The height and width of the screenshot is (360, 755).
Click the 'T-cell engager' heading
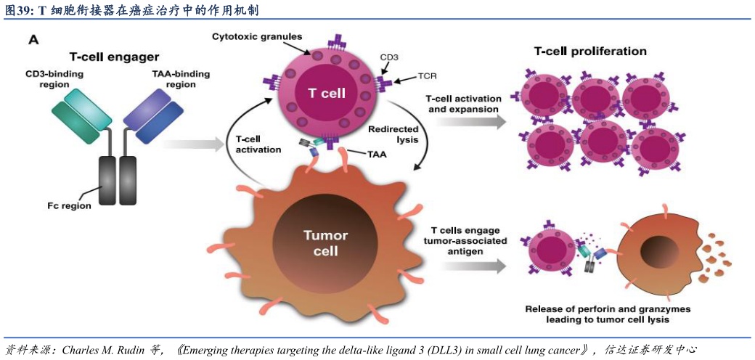(x=114, y=57)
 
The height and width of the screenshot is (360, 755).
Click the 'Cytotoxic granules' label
(x=257, y=36)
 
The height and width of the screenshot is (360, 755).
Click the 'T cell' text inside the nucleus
(x=327, y=94)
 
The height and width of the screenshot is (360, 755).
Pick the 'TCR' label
(x=427, y=75)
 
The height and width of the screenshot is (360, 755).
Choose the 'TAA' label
(x=377, y=154)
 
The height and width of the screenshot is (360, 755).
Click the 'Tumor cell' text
(x=325, y=243)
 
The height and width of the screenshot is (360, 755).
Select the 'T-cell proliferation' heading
(x=590, y=52)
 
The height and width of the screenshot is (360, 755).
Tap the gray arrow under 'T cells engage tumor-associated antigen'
(x=470, y=266)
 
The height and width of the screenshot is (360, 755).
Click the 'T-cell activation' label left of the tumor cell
(x=258, y=144)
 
